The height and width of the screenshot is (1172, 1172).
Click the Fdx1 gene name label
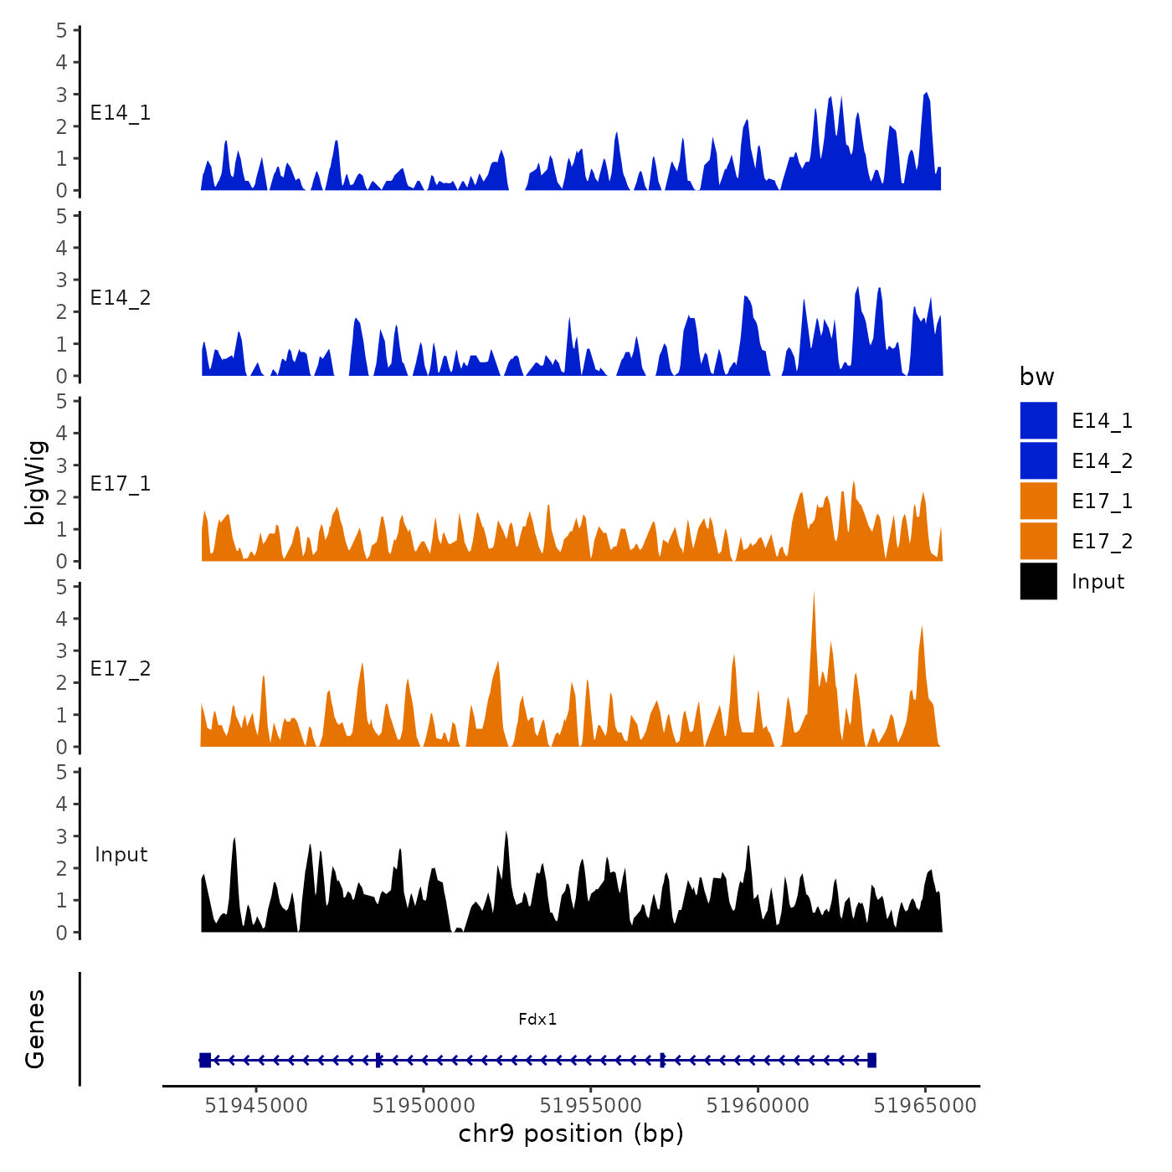pyautogui.click(x=537, y=1019)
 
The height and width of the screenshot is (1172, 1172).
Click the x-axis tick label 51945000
pyautogui.click(x=256, y=1106)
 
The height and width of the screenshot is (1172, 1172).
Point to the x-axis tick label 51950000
pyautogui.click(x=424, y=1106)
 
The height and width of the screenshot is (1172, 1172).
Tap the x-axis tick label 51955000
pyautogui.click(x=591, y=1106)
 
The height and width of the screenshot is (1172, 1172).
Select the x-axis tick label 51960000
pyautogui.click(x=758, y=1106)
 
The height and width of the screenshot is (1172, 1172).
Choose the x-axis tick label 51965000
pyautogui.click(x=926, y=1106)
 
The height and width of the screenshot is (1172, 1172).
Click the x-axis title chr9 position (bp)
pyautogui.click(x=571, y=1133)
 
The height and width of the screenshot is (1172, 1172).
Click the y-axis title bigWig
pyautogui.click(x=35, y=482)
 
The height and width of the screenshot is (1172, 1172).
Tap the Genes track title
pyautogui.click(x=35, y=1029)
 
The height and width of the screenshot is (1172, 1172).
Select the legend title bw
pyautogui.click(x=1036, y=377)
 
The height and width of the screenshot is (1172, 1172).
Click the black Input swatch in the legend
pyautogui.click(x=1038, y=581)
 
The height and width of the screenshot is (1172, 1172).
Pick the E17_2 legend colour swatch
pyautogui.click(x=1038, y=541)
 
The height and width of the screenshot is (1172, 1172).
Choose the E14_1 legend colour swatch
pyautogui.click(x=1038, y=420)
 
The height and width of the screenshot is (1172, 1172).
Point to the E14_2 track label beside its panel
pyautogui.click(x=121, y=298)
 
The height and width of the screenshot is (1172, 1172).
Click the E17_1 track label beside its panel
pyautogui.click(x=121, y=484)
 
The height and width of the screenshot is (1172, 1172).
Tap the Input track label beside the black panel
pyautogui.click(x=121, y=855)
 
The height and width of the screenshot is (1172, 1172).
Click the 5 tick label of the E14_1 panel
pyautogui.click(x=62, y=30)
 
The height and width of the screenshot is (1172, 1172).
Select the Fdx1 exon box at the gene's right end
pyautogui.click(x=871, y=1060)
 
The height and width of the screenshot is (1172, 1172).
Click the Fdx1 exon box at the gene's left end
pyautogui.click(x=205, y=1060)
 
